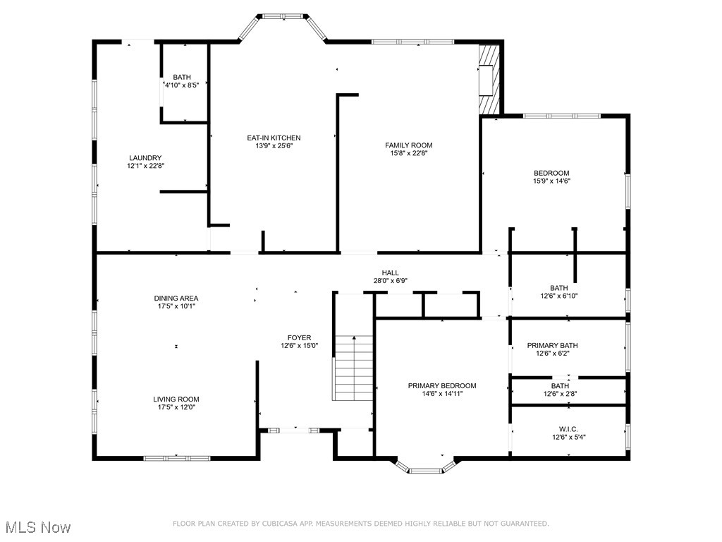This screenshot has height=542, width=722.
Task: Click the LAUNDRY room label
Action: pyautogui.click(x=145, y=158)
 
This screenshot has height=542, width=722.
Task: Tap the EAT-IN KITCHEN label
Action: pyautogui.click(x=274, y=138)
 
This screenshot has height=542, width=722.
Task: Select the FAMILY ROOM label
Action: pyautogui.click(x=408, y=145)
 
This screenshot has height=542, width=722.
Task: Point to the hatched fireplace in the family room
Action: pyautogui.click(x=489, y=80)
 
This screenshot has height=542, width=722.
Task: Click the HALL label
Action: pyautogui.click(x=391, y=272)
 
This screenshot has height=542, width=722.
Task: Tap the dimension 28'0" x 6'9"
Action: pyautogui.click(x=391, y=280)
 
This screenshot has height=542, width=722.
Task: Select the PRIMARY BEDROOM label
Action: pyautogui.click(x=442, y=385)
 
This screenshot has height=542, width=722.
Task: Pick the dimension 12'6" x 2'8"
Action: pyautogui.click(x=561, y=394)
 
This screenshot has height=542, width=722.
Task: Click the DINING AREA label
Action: pyautogui.click(x=176, y=298)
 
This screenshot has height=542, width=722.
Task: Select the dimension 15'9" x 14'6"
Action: pyautogui.click(x=551, y=181)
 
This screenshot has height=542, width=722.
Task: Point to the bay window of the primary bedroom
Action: pyautogui.click(x=425, y=468)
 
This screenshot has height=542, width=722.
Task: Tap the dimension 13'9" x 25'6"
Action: pyautogui.click(x=274, y=146)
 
